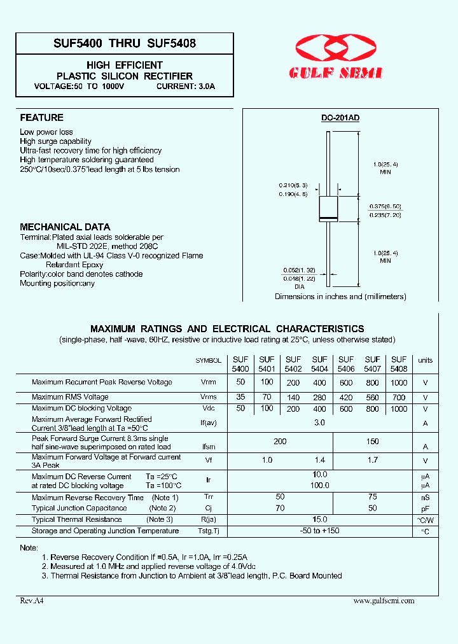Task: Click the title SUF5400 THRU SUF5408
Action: pyautogui.click(x=124, y=43)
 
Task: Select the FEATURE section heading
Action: pyautogui.click(x=41, y=118)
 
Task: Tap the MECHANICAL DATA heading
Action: pyautogui.click(x=65, y=227)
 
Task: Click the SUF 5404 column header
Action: pyautogui.click(x=319, y=364)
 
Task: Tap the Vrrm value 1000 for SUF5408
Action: pyautogui.click(x=399, y=382)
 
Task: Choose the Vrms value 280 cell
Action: pyautogui.click(x=319, y=397)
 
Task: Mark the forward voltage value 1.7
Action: pyautogui.click(x=372, y=460)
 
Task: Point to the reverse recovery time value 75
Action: pyautogui.click(x=372, y=497)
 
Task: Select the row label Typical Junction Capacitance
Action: pyautogui.click(x=80, y=508)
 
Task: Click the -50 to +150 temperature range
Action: pyautogui.click(x=319, y=531)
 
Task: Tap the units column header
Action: pyautogui.click(x=425, y=360)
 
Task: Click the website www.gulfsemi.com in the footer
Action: pyautogui.click(x=384, y=601)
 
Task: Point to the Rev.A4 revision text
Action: pyautogui.click(x=31, y=601)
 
